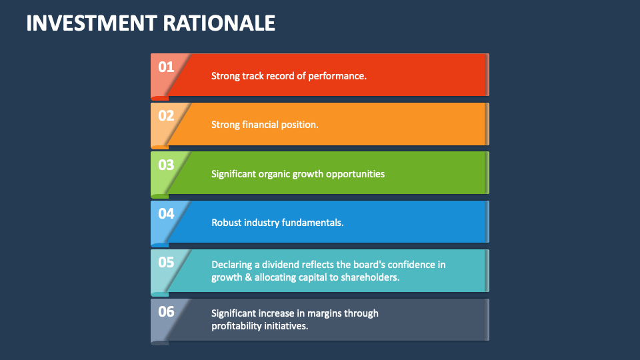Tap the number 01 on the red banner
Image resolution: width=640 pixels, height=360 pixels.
click(166, 67)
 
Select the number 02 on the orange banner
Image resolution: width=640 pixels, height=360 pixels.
click(166, 115)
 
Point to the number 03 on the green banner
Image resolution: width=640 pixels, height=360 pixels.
click(166, 165)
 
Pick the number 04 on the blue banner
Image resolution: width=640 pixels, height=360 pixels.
click(166, 213)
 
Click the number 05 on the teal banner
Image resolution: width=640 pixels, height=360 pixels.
click(166, 262)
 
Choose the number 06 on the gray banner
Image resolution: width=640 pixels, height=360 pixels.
click(166, 311)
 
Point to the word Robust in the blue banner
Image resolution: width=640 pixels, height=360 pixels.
click(227, 223)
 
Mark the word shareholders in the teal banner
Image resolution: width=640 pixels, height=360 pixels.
click(369, 277)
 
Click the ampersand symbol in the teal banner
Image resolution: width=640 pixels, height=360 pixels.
click(248, 277)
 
